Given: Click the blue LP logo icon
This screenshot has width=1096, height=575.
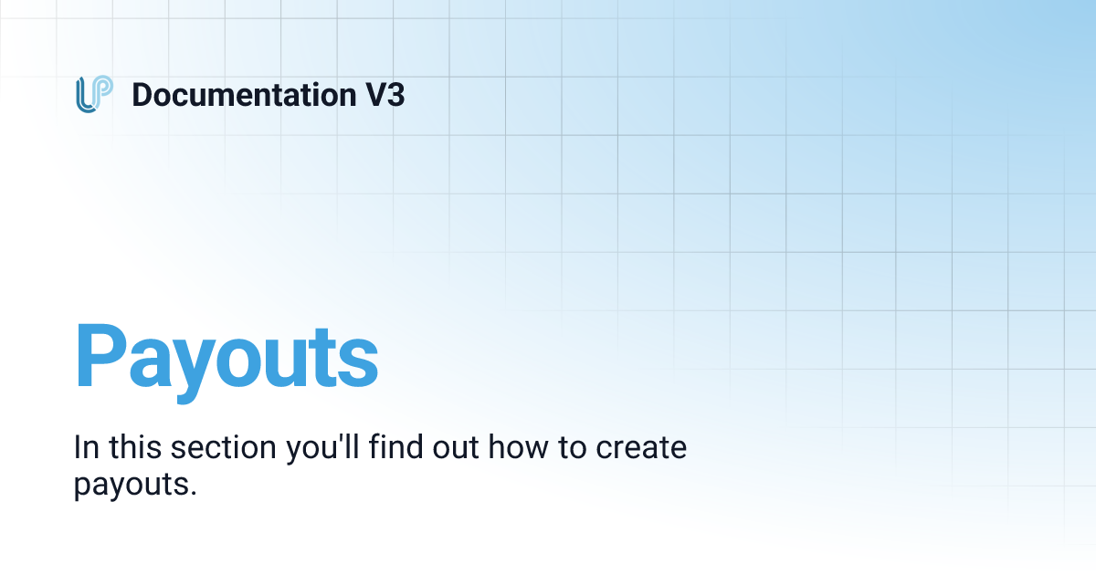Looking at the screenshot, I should (94, 95).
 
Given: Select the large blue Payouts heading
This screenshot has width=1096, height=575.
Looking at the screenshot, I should (226, 359).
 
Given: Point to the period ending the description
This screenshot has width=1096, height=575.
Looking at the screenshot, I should (194, 492).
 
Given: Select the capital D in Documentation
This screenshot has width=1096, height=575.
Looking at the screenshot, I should (142, 95).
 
